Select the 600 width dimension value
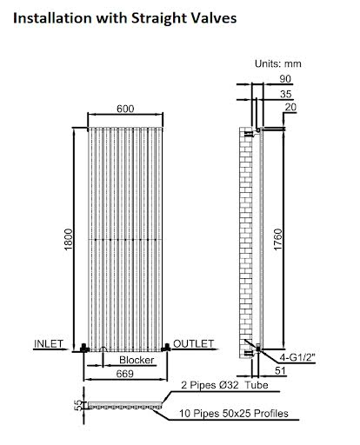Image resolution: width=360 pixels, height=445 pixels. click(x=126, y=108)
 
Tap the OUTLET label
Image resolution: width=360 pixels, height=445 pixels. click(x=192, y=344)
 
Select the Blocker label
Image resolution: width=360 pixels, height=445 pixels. click(x=137, y=359)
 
